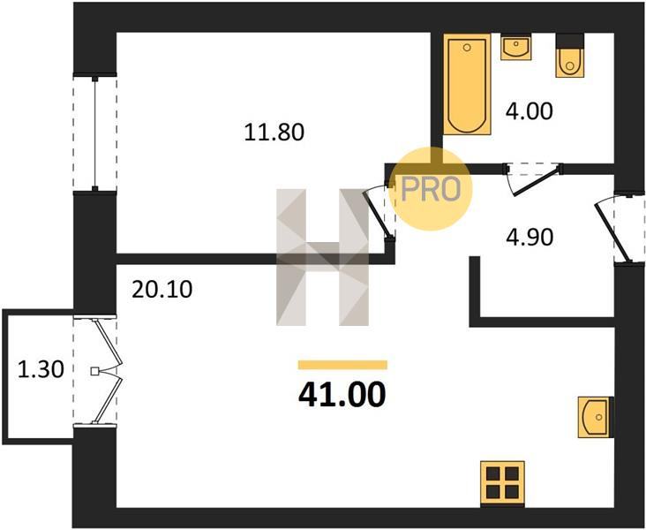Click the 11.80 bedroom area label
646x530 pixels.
pyautogui.click(x=274, y=132)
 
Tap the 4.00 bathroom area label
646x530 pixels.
pyautogui.click(x=529, y=111)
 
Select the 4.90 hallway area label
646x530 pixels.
pyautogui.click(x=530, y=238)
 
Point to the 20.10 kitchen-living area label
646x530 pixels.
pyautogui.click(x=161, y=289)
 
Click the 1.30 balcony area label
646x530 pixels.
pyautogui.click(x=41, y=369)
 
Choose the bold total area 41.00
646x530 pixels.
pyautogui.click(x=342, y=394)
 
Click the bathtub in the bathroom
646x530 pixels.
pyautogui.click(x=467, y=85)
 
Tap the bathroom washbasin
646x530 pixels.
pyautogui.click(x=515, y=47)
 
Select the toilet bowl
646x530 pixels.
pyautogui.click(x=570, y=62)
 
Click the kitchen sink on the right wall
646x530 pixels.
pyautogui.click(x=596, y=417)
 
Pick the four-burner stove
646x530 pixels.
pyautogui.click(x=503, y=483)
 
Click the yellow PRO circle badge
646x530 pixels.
pyautogui.click(x=430, y=188)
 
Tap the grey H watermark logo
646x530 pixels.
pyautogui.click(x=323, y=257)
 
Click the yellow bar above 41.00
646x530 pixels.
pyautogui.click(x=342, y=365)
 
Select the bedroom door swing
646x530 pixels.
pyautogui.click(x=379, y=213)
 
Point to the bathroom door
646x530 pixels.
pyautogui.click(x=534, y=179)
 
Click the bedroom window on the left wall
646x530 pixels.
pyautogui.click(x=94, y=133)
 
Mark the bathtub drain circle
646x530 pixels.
pyautogui.click(x=467, y=48)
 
